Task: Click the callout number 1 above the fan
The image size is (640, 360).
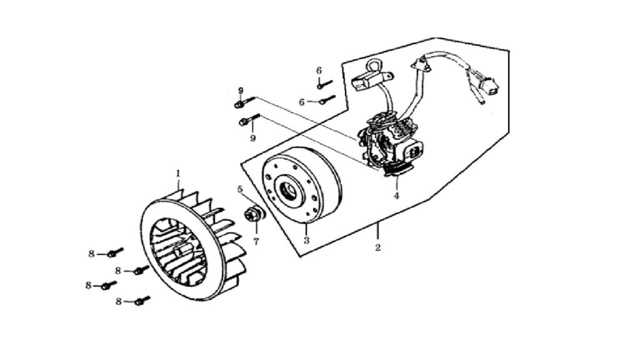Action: [178, 174]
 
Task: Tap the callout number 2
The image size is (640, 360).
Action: [378, 247]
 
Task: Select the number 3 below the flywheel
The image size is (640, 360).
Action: [306, 241]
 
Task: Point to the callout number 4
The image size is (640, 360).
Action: [396, 196]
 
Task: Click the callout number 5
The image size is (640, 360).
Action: [240, 189]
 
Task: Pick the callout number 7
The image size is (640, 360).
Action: [256, 242]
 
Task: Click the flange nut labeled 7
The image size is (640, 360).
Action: [254, 214]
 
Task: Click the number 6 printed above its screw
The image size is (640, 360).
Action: [319, 71]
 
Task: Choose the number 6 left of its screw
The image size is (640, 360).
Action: [302, 102]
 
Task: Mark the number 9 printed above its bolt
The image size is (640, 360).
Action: [241, 91]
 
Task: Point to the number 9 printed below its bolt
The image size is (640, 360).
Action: [253, 138]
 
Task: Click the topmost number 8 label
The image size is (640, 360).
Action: [91, 254]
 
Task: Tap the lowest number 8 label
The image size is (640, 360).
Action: [119, 302]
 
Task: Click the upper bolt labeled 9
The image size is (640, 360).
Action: [244, 102]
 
